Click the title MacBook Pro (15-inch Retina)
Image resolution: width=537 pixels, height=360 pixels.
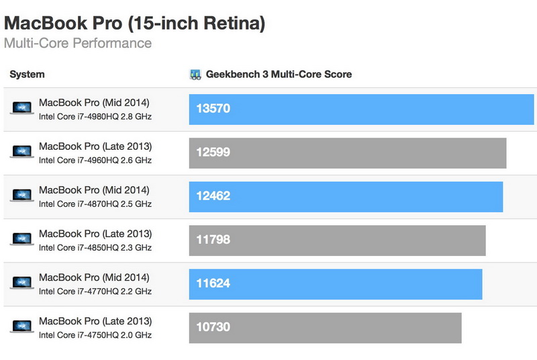(134, 24)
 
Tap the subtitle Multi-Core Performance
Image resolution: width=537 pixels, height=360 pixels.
(78, 44)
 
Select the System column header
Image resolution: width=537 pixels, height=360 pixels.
(27, 75)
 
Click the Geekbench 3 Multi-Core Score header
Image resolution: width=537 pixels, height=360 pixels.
(279, 75)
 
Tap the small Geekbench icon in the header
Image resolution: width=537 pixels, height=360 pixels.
(195, 75)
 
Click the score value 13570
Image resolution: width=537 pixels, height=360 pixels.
(213, 108)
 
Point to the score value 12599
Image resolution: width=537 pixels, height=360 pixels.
(213, 152)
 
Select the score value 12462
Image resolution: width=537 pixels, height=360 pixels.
(213, 196)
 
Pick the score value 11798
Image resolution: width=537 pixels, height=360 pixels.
(213, 240)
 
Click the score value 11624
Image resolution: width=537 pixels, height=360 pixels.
(213, 283)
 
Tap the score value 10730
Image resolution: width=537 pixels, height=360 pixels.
(213, 327)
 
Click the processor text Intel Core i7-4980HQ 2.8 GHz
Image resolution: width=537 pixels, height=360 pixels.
(95, 116)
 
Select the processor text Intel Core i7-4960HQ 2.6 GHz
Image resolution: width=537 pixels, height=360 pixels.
(95, 160)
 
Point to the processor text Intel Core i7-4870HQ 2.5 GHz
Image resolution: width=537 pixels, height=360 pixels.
(95, 204)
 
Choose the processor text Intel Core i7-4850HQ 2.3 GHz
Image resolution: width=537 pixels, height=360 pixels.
(95, 248)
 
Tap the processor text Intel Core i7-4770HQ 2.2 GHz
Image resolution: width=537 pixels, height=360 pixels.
(95, 291)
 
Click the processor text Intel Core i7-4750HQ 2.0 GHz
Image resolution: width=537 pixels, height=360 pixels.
(95, 335)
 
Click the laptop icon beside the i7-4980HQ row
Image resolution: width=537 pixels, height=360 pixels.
(22, 108)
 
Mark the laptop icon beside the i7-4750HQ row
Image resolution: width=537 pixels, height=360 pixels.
(22, 327)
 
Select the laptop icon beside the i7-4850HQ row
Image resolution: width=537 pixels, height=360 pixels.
(22, 240)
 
